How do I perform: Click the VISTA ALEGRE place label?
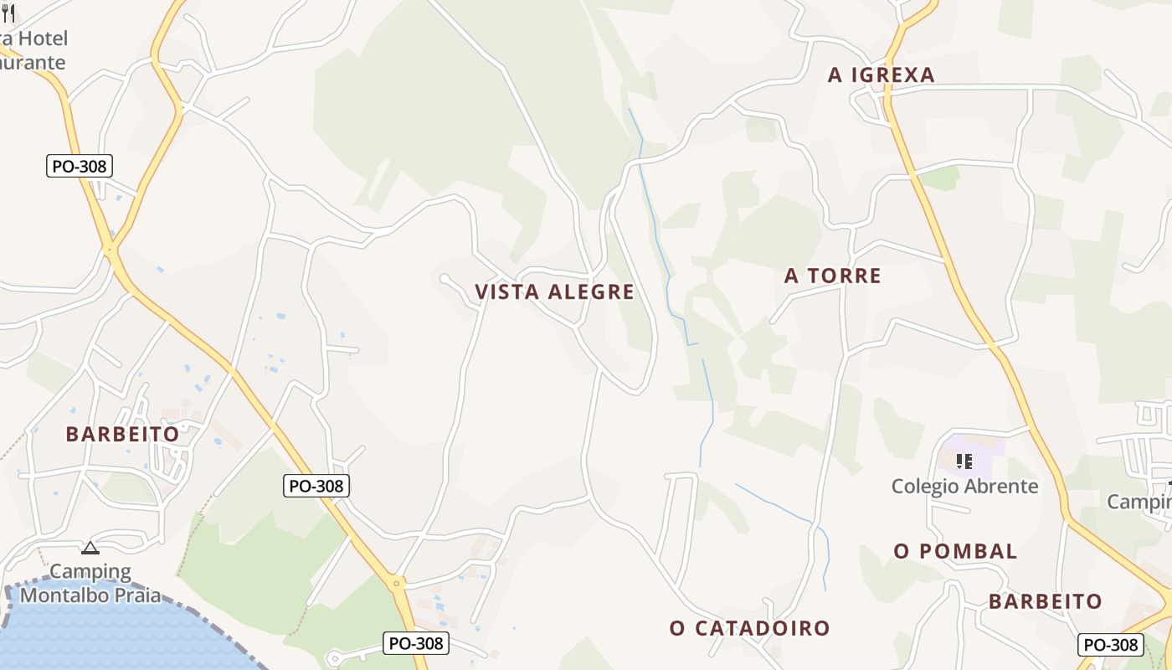click(554, 292)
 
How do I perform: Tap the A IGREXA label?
click(881, 75)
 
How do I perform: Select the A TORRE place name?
click(832, 276)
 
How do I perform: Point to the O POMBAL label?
click(955, 551)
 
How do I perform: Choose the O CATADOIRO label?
click(749, 628)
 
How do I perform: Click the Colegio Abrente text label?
click(964, 486)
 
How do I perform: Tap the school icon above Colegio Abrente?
click(964, 461)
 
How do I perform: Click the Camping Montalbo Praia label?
click(90, 584)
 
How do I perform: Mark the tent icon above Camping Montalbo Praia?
click(90, 549)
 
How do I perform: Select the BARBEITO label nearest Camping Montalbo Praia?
click(122, 434)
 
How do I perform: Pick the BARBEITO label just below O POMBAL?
click(1045, 601)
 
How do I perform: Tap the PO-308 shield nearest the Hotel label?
click(80, 166)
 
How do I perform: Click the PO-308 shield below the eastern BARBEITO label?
click(1110, 644)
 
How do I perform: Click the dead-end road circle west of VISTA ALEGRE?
click(444, 278)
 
